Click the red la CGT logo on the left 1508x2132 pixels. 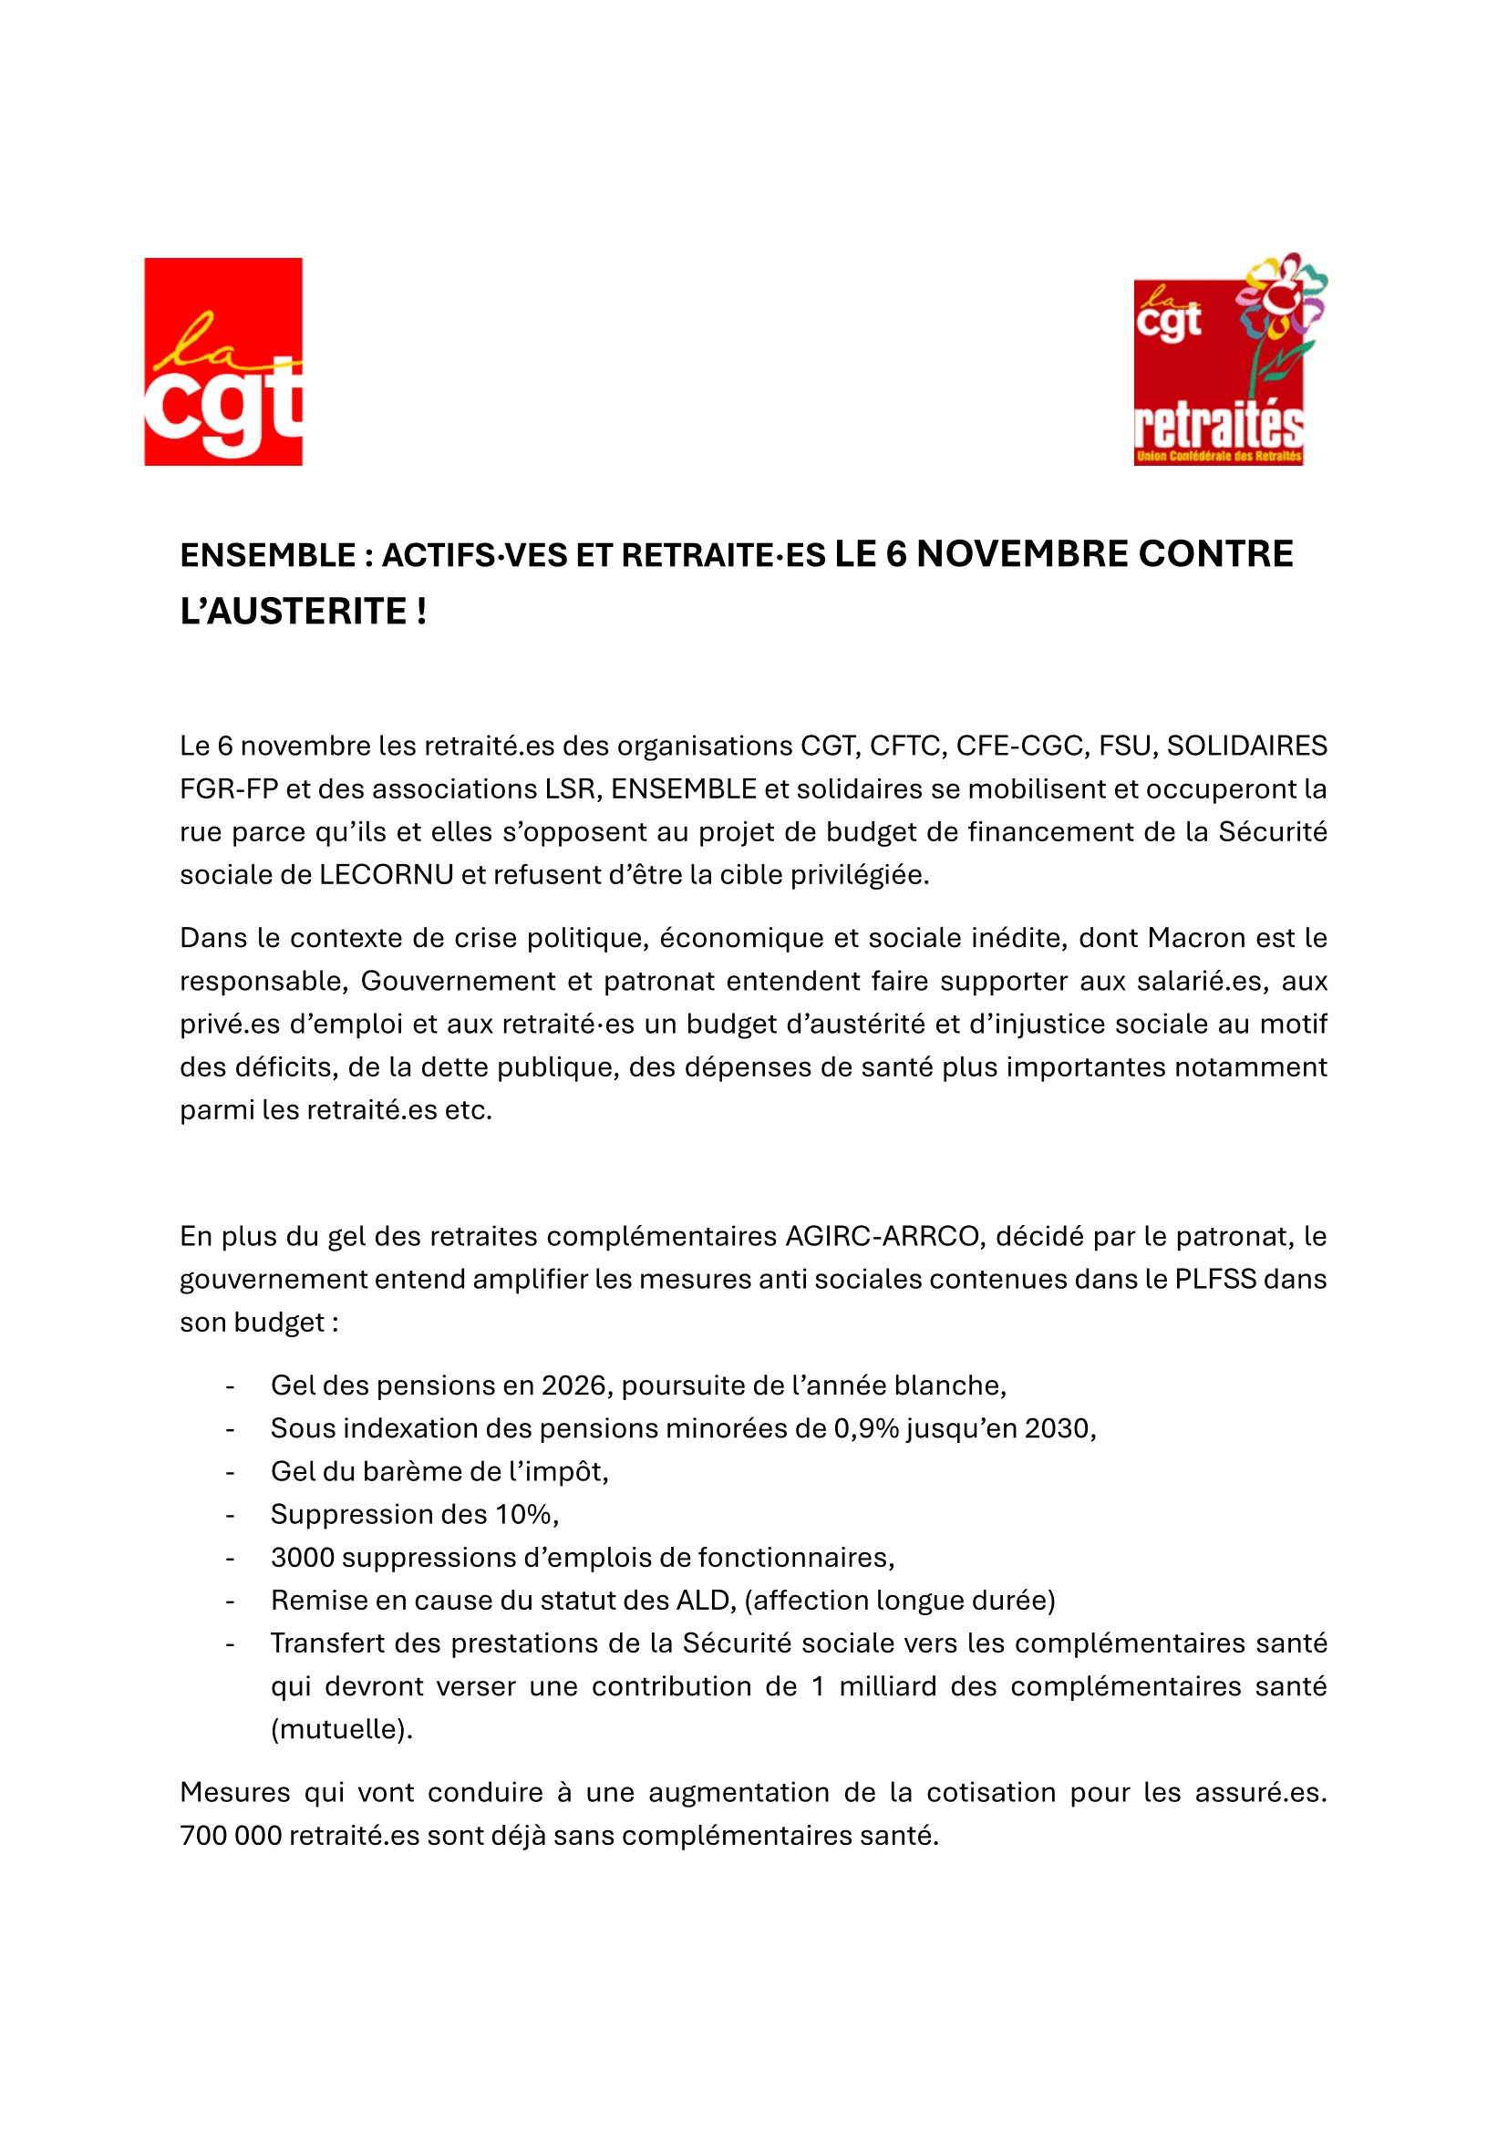[x=222, y=361]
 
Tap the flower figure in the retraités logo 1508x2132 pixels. [x=1279, y=315]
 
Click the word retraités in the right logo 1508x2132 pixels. [x=1218, y=427]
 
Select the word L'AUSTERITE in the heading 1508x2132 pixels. [x=293, y=612]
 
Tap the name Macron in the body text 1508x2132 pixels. [x=1196, y=938]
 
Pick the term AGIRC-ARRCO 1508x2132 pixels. [x=883, y=1236]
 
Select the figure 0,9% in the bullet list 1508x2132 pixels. [x=865, y=1428]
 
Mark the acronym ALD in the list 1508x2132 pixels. [x=705, y=1600]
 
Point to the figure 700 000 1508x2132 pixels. [x=231, y=1836]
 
